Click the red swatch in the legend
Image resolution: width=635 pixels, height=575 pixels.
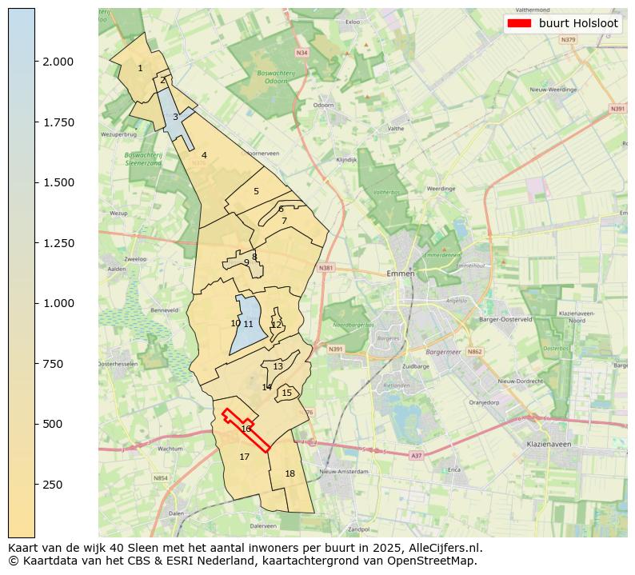pos(519,24)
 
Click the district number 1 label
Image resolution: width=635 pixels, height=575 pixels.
pos(140,69)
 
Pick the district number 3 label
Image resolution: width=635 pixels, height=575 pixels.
pos(175,118)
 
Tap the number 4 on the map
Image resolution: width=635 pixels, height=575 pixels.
pos(204,156)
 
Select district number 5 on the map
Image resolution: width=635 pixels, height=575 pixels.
pos(256,192)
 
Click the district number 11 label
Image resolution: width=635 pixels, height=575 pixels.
pos(249,325)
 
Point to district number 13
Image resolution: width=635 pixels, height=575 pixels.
pos(278,367)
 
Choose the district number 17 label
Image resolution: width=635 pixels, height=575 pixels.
pos(245,457)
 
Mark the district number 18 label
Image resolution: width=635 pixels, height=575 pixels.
pos(290,474)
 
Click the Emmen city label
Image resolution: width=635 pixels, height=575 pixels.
pos(400,274)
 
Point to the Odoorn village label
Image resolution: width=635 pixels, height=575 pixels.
pos(324,106)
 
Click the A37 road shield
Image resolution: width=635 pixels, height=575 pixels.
pos(416,455)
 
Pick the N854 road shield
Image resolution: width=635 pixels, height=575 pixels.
pos(161,478)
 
